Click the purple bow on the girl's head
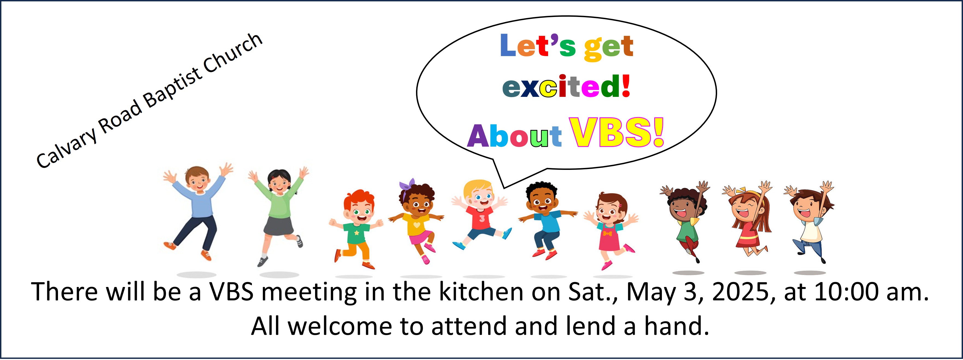pos(406,185)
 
